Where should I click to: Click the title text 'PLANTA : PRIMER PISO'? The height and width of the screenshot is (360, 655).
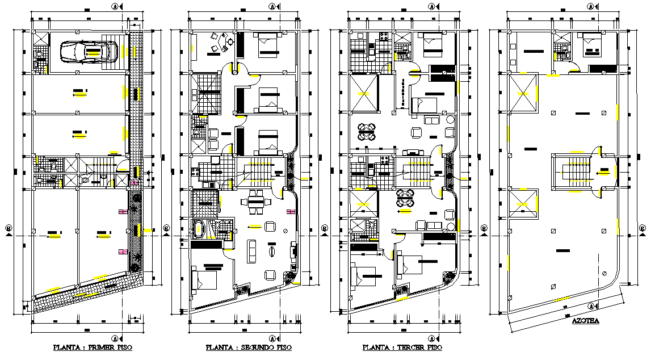click(x=93, y=348)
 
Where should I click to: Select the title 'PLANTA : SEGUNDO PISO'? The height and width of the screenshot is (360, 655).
click(x=250, y=348)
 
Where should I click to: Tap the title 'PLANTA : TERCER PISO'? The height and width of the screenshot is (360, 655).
click(x=402, y=348)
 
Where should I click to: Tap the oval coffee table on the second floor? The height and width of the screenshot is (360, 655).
click(x=271, y=250)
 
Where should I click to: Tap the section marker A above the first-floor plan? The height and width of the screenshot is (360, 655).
click(x=115, y=6)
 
